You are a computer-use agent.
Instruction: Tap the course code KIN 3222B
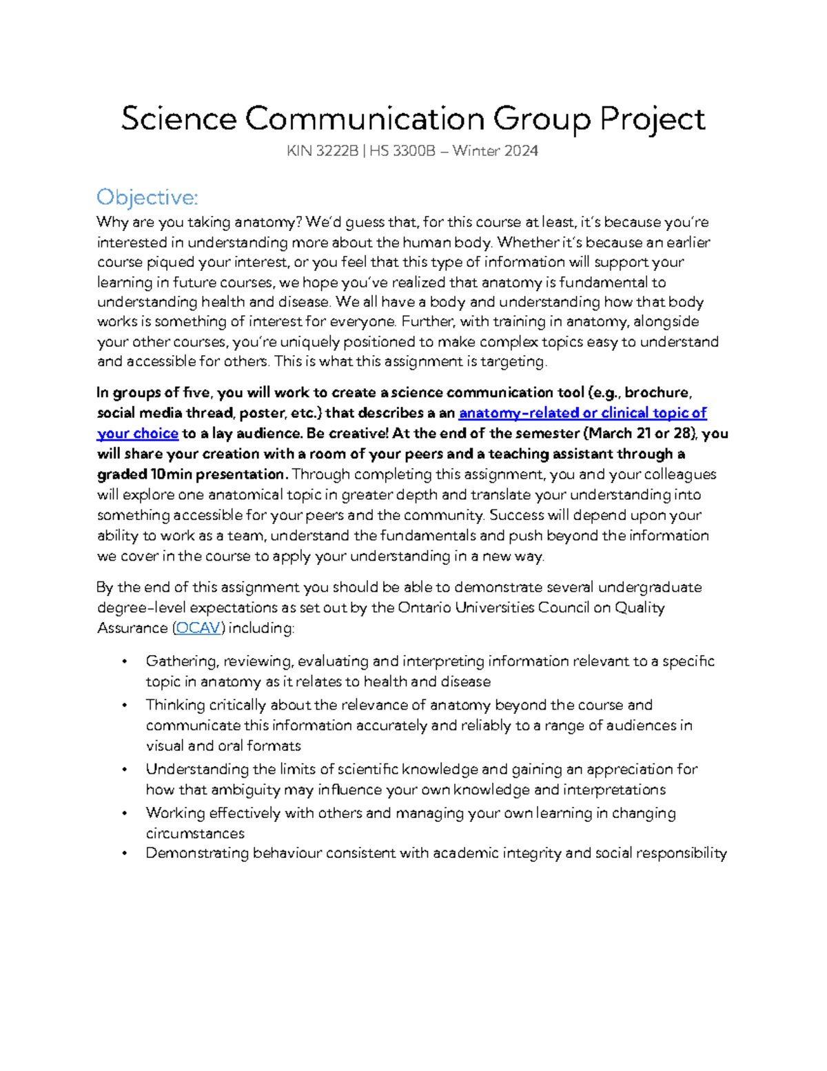click(x=322, y=151)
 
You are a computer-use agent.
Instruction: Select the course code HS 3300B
click(x=402, y=151)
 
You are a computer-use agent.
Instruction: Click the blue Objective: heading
click(x=147, y=198)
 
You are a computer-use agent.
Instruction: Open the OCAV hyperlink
click(x=198, y=628)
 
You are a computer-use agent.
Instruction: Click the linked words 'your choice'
click(x=138, y=434)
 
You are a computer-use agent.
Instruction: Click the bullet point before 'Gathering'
click(x=124, y=662)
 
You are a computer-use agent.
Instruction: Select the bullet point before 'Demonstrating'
click(x=124, y=854)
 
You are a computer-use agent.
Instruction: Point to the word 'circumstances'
click(x=195, y=834)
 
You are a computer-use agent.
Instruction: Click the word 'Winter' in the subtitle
click(x=476, y=151)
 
